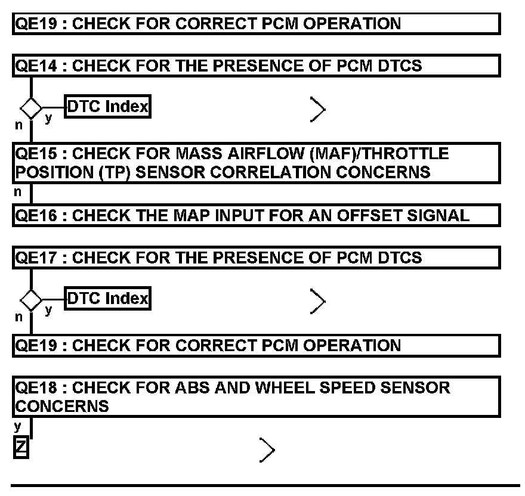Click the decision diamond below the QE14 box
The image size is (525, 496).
(31, 108)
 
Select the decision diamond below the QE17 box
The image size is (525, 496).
(31, 300)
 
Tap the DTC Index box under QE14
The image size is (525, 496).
(107, 107)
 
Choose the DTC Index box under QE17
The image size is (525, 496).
(107, 298)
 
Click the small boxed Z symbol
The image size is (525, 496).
(21, 447)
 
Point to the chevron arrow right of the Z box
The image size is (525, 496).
(267, 450)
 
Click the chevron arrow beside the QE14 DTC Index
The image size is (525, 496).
(318, 110)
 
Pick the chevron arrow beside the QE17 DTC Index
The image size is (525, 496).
(318, 301)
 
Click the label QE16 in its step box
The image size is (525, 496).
(36, 216)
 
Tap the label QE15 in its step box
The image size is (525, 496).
(36, 154)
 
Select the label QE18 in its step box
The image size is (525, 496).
(36, 387)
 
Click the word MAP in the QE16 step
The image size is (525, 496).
(192, 216)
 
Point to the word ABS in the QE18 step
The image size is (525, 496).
(193, 387)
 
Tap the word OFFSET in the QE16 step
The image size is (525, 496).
(369, 216)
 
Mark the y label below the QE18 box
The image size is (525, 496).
(18, 426)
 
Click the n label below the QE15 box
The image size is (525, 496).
(18, 192)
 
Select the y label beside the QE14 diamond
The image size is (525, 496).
(48, 118)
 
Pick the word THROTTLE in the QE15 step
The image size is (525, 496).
(406, 154)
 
